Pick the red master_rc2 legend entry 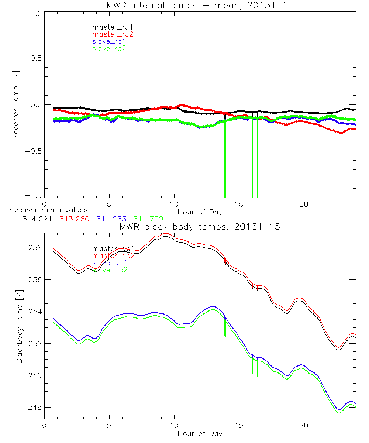(112, 34)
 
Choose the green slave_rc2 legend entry (109, 48)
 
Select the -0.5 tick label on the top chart (34, 151)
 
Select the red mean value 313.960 (74, 219)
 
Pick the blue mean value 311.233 (111, 219)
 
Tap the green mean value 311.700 (148, 219)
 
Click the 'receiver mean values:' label (47, 210)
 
